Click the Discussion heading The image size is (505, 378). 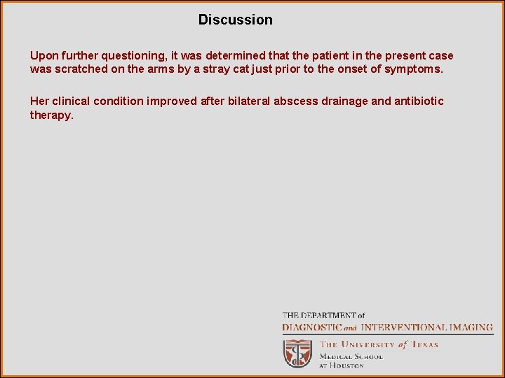pos(235,20)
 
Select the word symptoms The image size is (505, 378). pos(419,70)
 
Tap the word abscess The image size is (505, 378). pos(296,101)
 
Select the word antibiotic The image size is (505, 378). pos(419,101)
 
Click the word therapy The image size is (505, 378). pos(50,115)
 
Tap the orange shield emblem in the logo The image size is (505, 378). pos(297,353)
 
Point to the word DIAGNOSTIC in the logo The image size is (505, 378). pos(311,327)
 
